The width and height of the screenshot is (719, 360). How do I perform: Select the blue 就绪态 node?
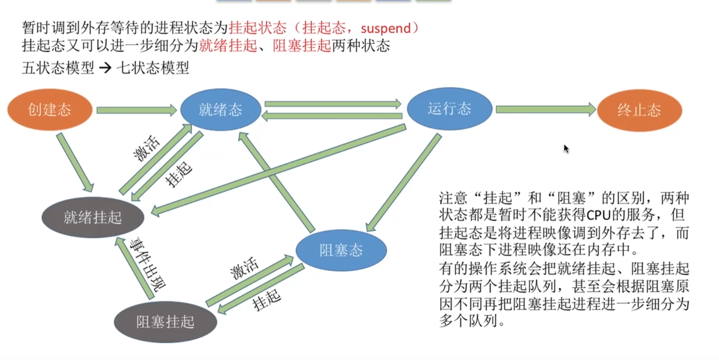[220, 111]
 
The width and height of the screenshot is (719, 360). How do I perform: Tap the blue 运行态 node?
[449, 109]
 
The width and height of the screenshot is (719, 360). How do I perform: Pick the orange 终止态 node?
[639, 111]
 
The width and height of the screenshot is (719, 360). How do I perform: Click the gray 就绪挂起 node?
[93, 217]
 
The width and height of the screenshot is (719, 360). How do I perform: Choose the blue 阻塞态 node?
[341, 251]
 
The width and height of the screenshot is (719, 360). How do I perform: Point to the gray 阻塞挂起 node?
[165, 322]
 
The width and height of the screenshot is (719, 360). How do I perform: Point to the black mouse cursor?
[566, 149]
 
